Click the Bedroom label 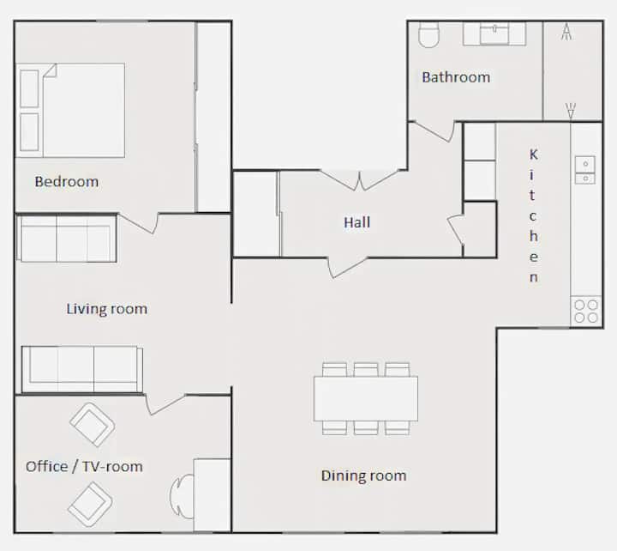[67, 182]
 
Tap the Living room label [106, 309]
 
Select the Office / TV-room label [84, 467]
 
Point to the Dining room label [363, 475]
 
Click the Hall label [356, 222]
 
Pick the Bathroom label [456, 77]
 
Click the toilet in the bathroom [428, 34]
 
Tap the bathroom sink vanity [494, 33]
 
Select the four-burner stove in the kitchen [586, 311]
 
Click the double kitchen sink [585, 170]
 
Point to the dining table [366, 398]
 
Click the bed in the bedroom [70, 111]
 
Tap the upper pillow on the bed [29, 88]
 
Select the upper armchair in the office [92, 425]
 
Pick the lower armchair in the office [90, 504]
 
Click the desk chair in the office [181, 496]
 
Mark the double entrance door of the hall [359, 180]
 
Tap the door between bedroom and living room [138, 223]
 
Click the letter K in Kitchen [533, 154]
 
